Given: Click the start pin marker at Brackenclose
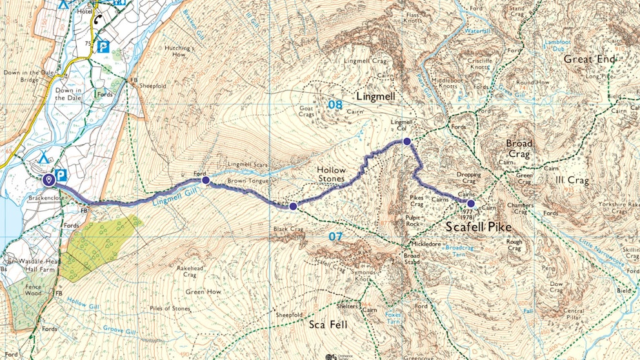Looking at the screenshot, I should pos(48,179).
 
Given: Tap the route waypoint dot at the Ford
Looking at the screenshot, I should pos(205,181).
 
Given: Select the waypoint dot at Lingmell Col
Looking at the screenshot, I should pos(406,141).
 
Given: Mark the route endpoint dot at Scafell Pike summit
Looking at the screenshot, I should pos(471,203).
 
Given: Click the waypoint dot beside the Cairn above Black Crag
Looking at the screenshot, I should pos(293,206).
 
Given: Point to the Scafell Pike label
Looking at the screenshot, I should pos(479,227).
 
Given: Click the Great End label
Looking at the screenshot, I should pos(586,59).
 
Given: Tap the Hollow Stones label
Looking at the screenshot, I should pos(332,174).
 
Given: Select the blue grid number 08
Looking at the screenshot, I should pos(335,105).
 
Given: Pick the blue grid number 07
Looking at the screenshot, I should pos(335,237).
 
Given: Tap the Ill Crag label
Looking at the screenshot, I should pos(572,180).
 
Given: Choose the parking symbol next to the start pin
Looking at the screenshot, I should pos(62,175).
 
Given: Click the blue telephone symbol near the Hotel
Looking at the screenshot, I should pos(98,19).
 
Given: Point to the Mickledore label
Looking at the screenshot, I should pos(428,245).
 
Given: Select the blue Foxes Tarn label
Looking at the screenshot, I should pos(393,319).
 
